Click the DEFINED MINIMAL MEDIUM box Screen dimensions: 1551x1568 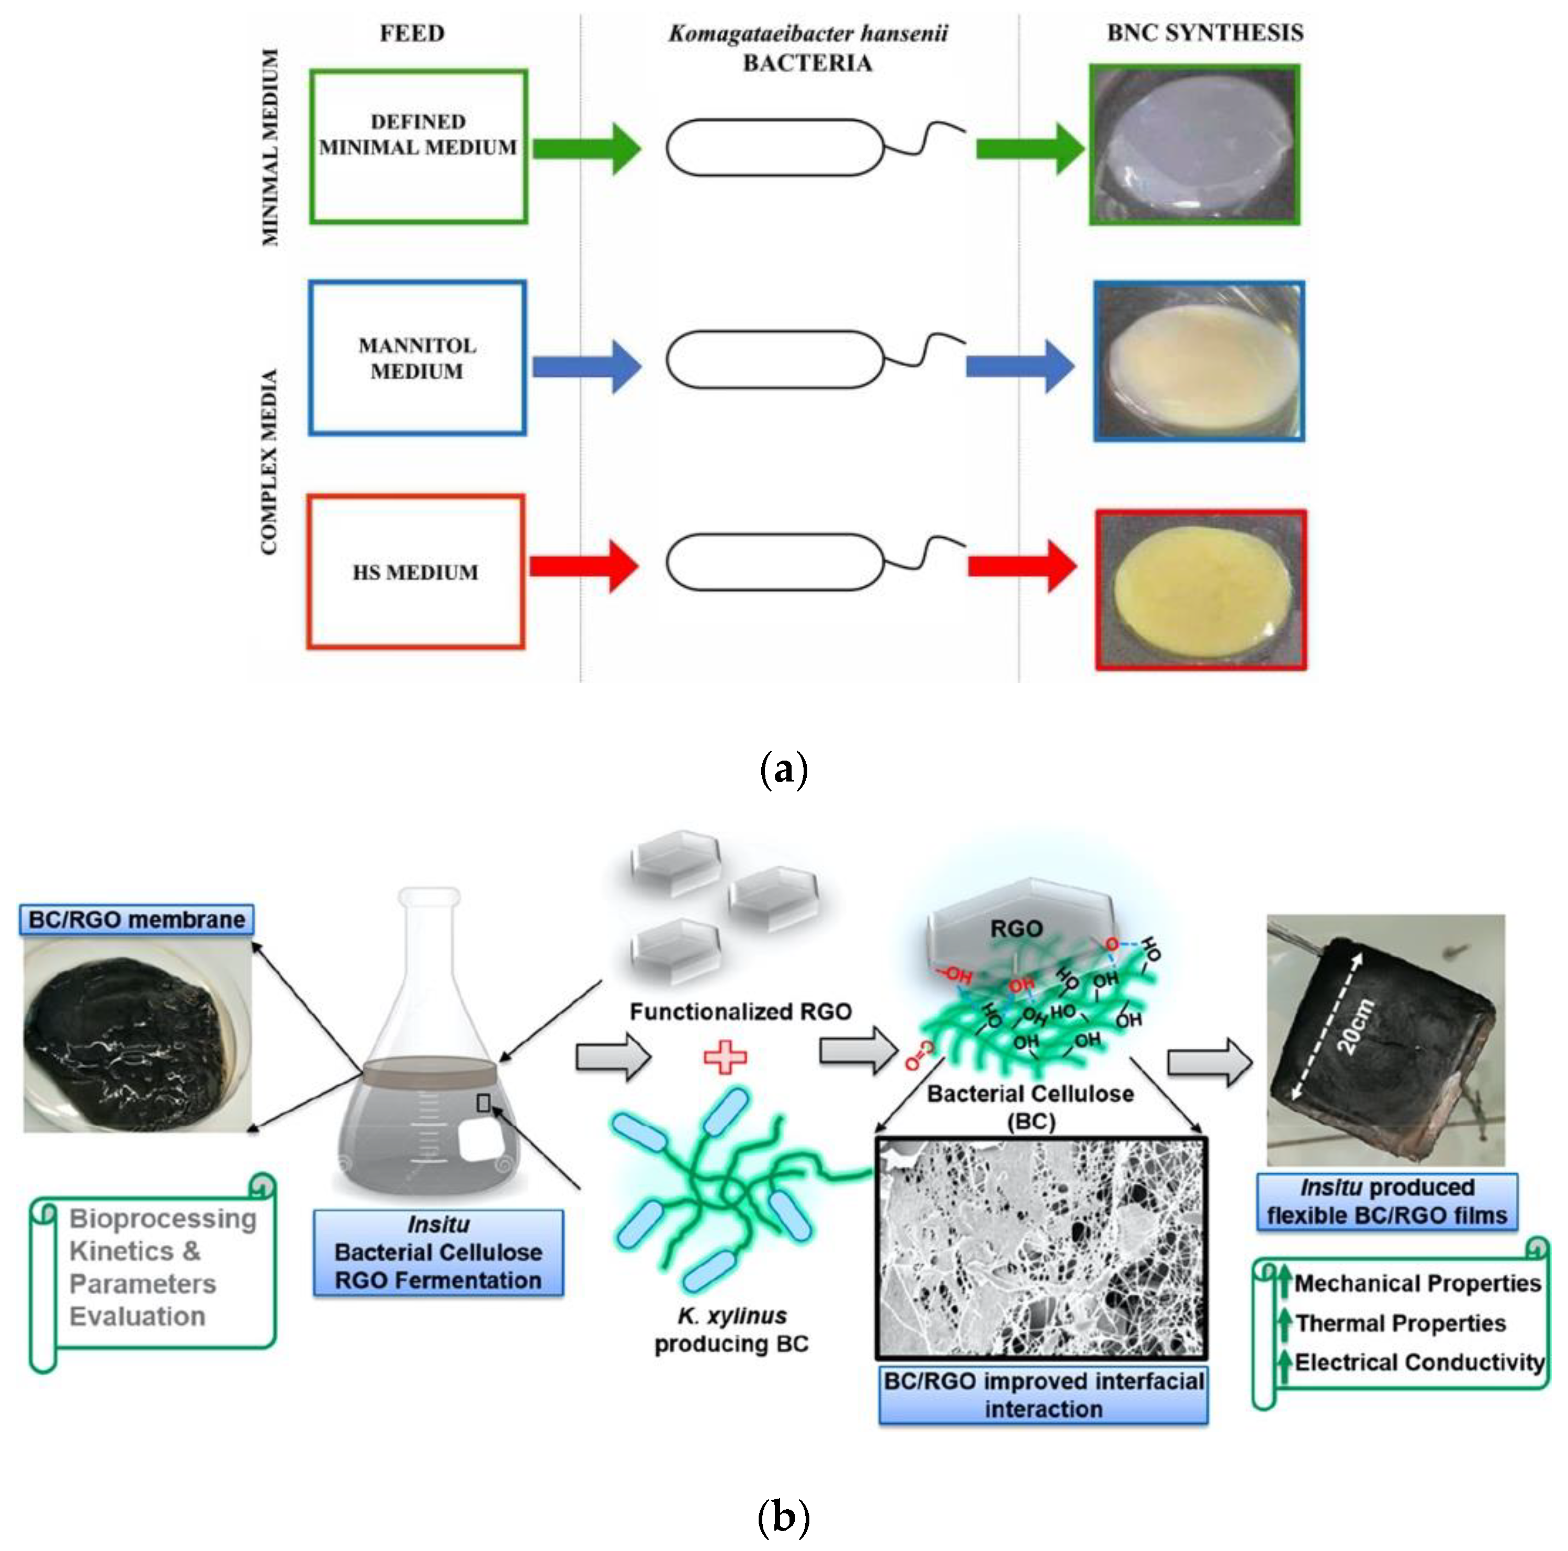click(x=418, y=147)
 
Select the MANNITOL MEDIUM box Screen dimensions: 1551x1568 click(x=417, y=358)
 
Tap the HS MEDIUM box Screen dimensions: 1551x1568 click(x=415, y=572)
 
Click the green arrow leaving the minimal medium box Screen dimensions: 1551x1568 click(x=586, y=149)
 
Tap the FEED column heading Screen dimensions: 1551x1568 click(x=412, y=33)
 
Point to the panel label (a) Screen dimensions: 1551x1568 click(x=783, y=768)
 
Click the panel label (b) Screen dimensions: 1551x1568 click(x=783, y=1516)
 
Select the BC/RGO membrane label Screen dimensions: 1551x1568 click(x=137, y=920)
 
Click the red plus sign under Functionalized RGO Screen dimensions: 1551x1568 click(x=724, y=1058)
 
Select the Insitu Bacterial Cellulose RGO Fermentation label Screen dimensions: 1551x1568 click(x=438, y=1252)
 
